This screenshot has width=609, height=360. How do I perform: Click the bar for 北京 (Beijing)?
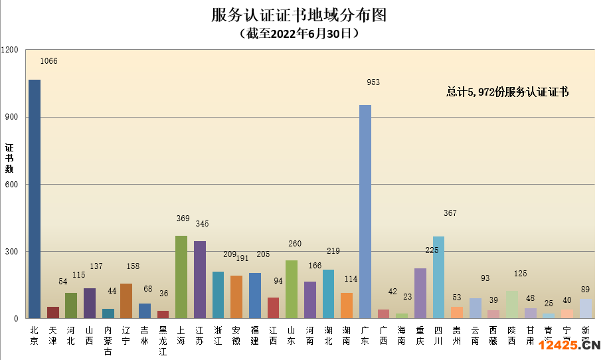(35, 199)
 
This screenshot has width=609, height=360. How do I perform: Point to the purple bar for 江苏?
(200, 280)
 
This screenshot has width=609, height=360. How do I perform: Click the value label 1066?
(49, 61)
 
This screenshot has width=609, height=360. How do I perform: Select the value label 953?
(373, 82)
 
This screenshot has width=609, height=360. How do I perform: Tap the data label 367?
(450, 213)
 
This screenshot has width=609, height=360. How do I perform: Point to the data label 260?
(295, 244)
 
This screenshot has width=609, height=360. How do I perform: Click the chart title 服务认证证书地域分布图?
(299, 15)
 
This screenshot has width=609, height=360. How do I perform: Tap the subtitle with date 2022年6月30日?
(299, 33)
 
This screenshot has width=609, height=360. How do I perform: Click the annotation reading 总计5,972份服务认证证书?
(507, 92)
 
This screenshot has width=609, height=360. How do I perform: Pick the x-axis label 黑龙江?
(163, 340)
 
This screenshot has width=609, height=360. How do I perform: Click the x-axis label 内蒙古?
(108, 340)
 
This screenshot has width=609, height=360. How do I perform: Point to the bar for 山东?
(292, 289)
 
